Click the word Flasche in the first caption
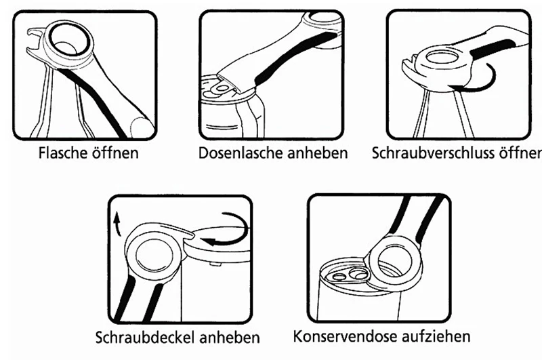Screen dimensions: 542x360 [x=62, y=153]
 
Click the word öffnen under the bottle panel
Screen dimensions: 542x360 [x=115, y=153]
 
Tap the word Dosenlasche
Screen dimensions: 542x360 [x=241, y=153]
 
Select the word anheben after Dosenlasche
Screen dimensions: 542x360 [x=317, y=153]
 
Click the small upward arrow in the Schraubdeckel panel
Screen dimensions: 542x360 [x=117, y=224]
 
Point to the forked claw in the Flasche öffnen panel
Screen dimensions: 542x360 [x=36, y=38]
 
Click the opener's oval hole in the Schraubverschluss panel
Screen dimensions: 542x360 [x=442, y=57]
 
